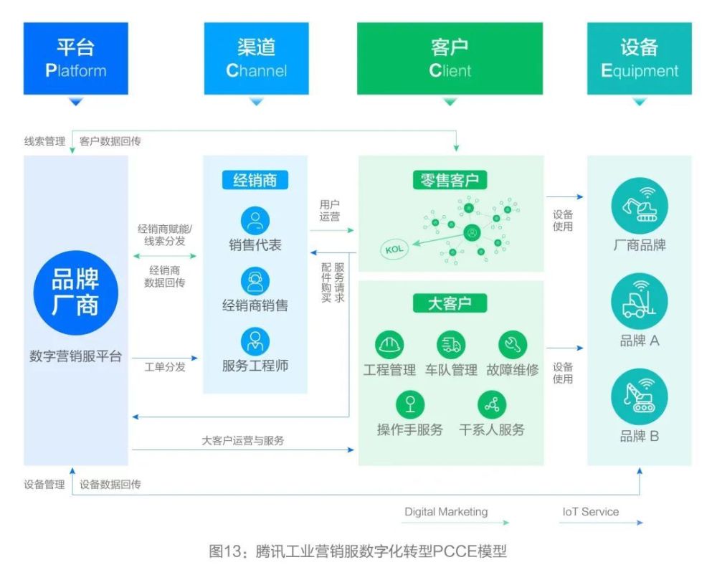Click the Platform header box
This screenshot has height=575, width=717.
tap(75, 59)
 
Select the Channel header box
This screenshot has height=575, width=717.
tap(256, 59)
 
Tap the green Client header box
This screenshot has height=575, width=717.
tap(450, 59)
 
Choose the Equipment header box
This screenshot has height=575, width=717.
tap(639, 59)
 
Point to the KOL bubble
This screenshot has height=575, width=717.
tap(394, 250)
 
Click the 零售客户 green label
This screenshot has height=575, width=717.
tap(450, 179)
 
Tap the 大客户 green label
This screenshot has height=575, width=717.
tap(450, 303)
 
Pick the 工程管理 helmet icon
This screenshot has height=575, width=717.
tap(390, 345)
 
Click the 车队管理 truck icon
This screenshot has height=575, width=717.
tap(451, 345)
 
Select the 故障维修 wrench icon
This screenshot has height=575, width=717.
tap(513, 345)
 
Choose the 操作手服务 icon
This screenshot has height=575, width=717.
tap(410, 404)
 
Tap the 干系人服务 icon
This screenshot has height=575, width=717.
tap(492, 404)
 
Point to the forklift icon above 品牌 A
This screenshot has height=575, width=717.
tap(640, 301)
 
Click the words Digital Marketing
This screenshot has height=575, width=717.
tap(446, 512)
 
